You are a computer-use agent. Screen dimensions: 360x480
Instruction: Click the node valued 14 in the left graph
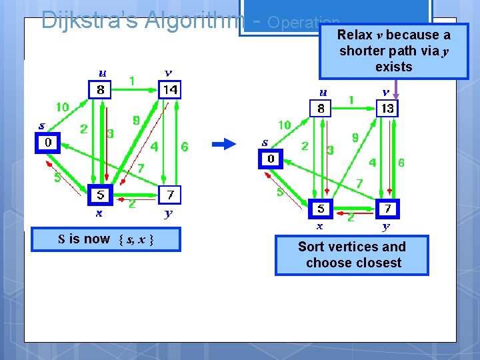point(170,89)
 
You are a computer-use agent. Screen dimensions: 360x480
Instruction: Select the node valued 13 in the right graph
point(387,108)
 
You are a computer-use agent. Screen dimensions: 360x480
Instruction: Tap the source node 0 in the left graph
point(47,143)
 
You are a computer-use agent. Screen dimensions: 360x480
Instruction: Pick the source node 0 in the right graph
point(271,159)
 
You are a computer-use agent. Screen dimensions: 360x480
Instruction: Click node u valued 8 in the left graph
point(100,89)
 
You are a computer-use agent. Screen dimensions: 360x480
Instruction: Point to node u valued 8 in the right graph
point(321,108)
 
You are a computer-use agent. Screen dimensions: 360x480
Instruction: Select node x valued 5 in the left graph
point(100,195)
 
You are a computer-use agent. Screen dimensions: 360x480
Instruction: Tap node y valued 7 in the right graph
point(387,209)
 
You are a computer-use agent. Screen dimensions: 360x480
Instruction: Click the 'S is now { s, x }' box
point(106,239)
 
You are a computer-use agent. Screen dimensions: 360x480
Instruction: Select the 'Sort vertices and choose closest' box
point(352,255)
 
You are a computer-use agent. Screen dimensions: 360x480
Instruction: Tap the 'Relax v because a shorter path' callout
point(393,51)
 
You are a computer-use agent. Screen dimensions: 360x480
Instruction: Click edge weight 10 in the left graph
point(62,107)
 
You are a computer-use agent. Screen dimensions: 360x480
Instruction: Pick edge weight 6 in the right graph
point(401,162)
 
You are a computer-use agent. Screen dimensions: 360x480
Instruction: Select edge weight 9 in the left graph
point(136,121)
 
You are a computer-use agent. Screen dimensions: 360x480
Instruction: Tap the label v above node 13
point(386,91)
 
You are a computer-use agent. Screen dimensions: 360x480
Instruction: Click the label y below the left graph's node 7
point(169,213)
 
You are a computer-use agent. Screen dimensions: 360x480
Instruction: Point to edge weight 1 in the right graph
point(351,99)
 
